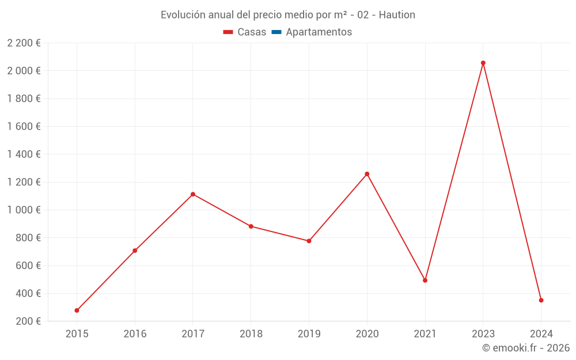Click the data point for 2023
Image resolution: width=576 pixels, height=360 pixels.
pos(483,63)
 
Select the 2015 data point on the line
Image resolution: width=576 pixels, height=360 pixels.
pos(77,310)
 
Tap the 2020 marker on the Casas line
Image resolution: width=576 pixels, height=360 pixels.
pos(367,174)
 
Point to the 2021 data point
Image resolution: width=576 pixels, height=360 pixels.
pos(425,281)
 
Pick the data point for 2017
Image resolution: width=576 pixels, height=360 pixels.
pos(193,194)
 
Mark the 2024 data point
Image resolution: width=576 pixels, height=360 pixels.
pos(541,300)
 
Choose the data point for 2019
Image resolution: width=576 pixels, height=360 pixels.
pos(309,241)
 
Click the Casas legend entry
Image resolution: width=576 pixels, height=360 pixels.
pos(245,32)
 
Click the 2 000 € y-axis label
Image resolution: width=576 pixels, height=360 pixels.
pos(24,71)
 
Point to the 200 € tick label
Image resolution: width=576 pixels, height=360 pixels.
pos(28,321)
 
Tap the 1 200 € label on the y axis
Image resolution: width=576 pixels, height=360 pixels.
pos(24,182)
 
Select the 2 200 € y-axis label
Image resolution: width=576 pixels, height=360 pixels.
pos(24,43)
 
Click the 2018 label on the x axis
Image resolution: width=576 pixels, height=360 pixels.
pos(251,334)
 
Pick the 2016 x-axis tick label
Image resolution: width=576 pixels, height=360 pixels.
pos(135,334)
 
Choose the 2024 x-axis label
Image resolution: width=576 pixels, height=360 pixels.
pos(541,334)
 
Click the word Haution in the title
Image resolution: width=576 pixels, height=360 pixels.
pos(397,15)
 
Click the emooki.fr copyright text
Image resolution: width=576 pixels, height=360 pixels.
pos(526,348)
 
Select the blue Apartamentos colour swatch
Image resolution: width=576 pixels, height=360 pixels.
pos(276,32)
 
